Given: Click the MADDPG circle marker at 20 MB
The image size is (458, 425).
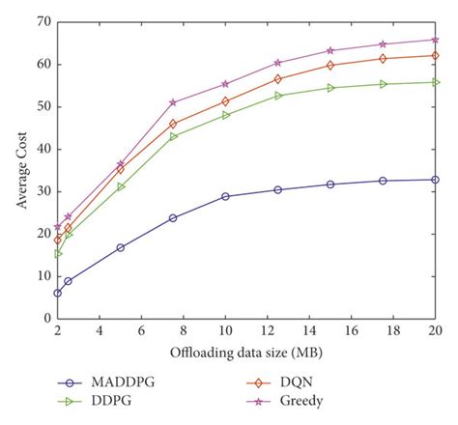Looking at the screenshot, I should coord(435,180).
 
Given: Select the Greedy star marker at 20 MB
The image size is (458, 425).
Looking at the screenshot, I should coord(435,40).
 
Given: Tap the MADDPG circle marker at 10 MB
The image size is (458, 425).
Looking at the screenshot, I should coord(225,196).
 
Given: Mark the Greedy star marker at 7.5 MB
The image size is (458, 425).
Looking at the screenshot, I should coord(173,102).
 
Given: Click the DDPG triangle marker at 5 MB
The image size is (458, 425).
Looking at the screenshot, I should coord(121,186).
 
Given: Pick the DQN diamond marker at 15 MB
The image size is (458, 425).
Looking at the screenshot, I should coord(329,65).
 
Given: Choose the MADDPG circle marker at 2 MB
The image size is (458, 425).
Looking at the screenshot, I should coord(57,293).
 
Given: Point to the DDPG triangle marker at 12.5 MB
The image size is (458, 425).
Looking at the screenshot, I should coord(277,96).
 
